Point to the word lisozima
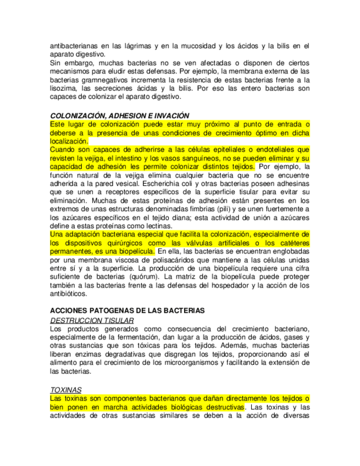click(63, 88)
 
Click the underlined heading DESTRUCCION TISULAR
click(92, 320)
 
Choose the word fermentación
click(143, 337)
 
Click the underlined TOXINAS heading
click(65, 389)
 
